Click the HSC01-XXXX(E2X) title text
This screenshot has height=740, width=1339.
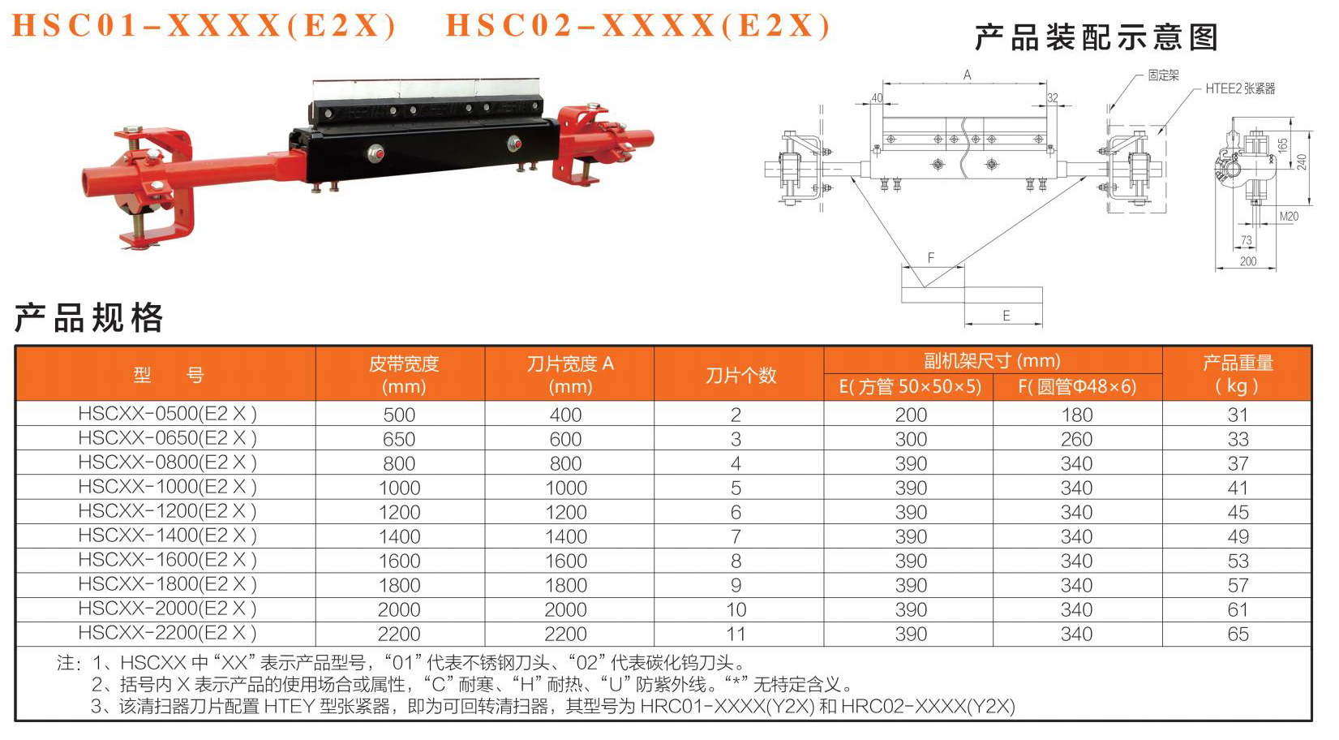click(204, 26)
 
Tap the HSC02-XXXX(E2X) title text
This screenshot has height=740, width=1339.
click(638, 26)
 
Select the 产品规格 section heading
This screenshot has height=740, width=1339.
click(88, 317)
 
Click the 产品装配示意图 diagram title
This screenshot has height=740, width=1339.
click(1097, 37)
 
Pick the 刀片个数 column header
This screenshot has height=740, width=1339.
click(740, 376)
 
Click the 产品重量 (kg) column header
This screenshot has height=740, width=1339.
click(1238, 375)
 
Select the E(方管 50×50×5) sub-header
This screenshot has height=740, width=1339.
click(910, 387)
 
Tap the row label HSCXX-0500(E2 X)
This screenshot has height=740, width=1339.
click(167, 414)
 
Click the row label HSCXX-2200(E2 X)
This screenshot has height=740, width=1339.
click(167, 633)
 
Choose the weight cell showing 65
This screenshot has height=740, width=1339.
click(1238, 635)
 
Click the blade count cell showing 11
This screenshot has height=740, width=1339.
click(736, 635)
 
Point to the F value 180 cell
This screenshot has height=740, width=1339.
click(1076, 415)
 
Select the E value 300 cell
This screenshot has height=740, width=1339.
click(911, 440)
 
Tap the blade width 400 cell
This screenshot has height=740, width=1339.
click(565, 415)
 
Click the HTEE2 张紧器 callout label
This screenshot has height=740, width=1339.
click(1240, 89)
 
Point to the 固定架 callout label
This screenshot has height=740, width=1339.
click(1163, 75)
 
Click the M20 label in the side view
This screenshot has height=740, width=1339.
click(1289, 217)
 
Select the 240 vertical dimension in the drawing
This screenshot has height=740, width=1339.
click(1302, 162)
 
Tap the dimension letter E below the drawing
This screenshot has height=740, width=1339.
click(1006, 316)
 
